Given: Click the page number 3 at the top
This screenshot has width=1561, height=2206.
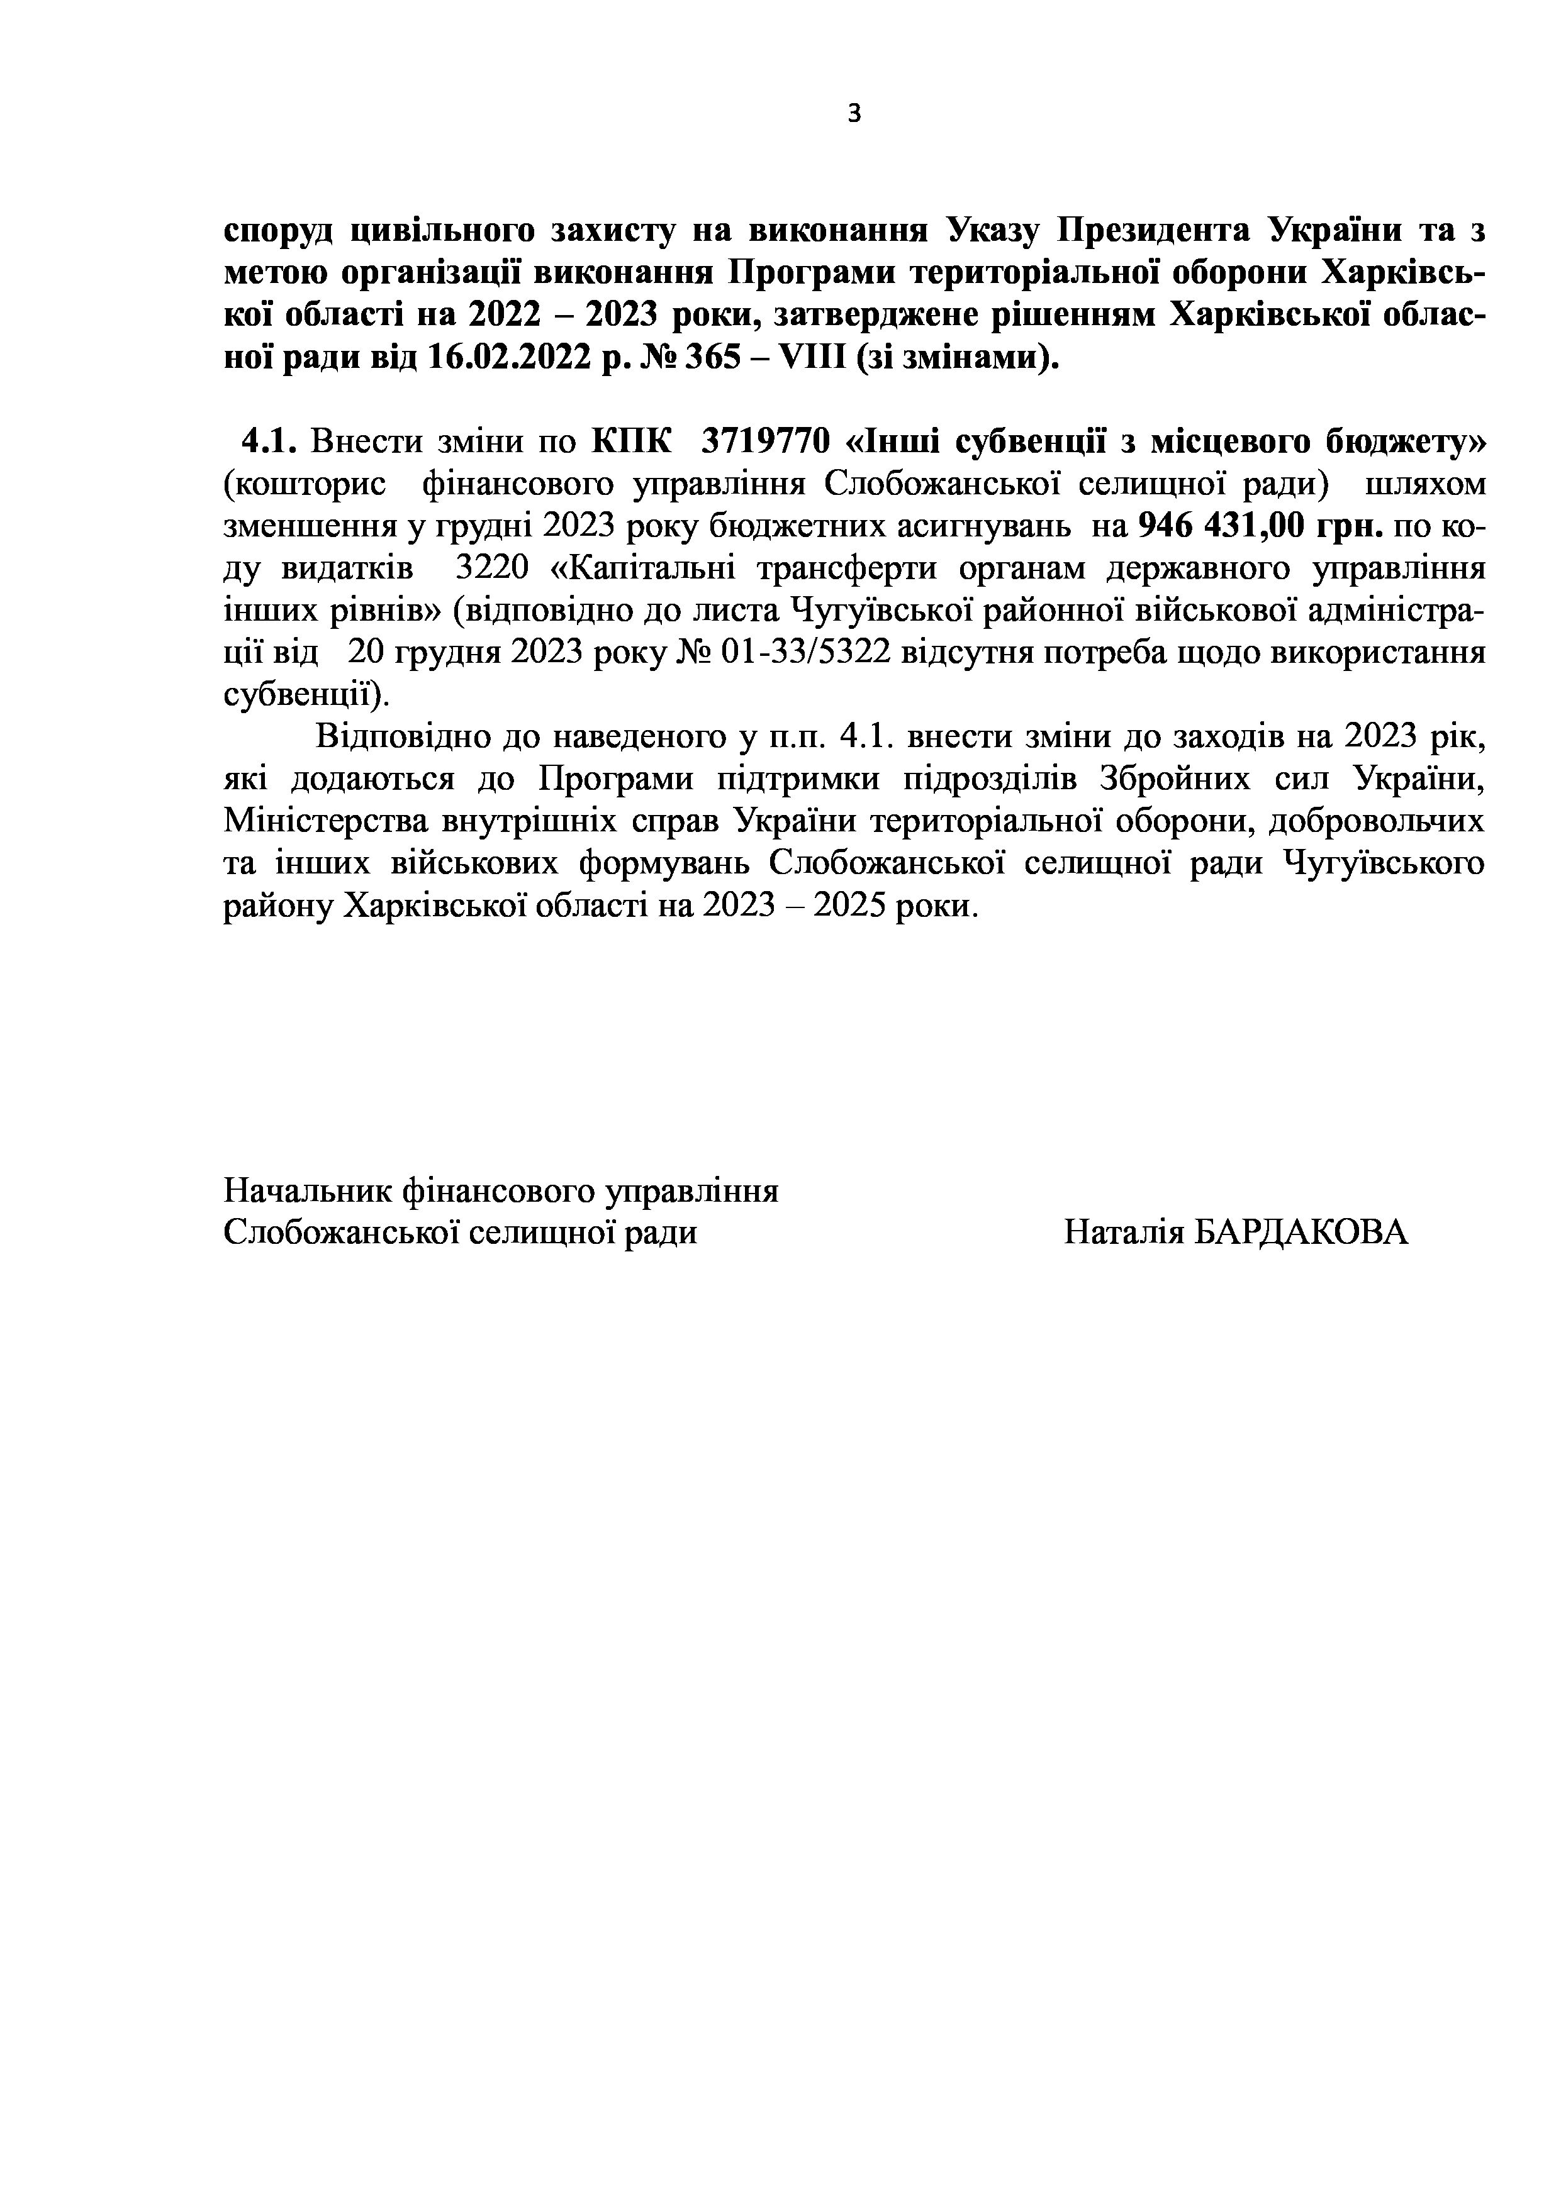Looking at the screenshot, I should [854, 114].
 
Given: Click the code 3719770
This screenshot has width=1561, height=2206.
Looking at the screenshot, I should [765, 442].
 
